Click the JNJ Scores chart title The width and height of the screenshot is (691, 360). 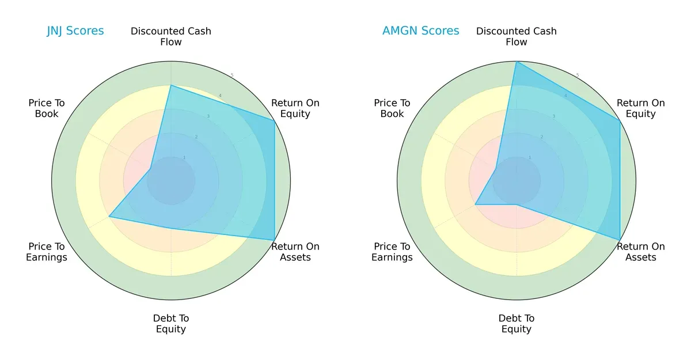[75, 31]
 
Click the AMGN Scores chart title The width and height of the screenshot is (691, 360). [421, 31]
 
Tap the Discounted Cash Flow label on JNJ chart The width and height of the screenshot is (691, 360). [171, 36]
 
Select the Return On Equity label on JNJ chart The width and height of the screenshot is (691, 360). [295, 108]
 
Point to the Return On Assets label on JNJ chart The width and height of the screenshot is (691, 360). [295, 252]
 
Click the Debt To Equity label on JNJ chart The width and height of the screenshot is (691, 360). [171, 324]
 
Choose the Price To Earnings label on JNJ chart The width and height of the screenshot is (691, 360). [47, 252]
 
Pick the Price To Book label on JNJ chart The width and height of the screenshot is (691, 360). [47, 108]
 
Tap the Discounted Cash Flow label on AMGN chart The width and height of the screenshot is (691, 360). [517, 36]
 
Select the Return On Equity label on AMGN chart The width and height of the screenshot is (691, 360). [641, 108]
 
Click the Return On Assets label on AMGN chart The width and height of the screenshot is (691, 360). [641, 252]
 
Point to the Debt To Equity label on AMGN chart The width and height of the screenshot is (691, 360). [517, 324]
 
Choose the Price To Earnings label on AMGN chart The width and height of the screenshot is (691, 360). [392, 252]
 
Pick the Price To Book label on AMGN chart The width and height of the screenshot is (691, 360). [392, 108]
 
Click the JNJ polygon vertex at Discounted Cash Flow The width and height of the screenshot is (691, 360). [171, 85]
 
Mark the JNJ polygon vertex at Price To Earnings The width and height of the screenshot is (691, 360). [109, 217]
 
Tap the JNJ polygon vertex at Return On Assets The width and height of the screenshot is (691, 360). [274, 240]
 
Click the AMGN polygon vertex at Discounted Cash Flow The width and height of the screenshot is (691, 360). [517, 62]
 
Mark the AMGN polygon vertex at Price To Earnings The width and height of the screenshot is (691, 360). [475, 204]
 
